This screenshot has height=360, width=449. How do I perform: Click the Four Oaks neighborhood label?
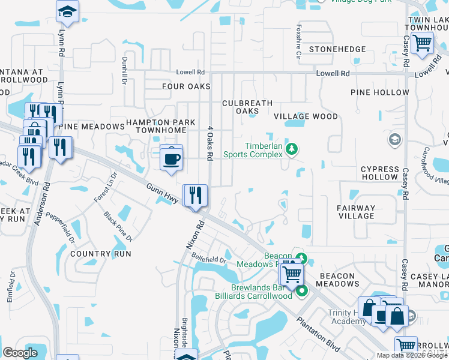coord(186,86)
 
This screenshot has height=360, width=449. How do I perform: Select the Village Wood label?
coord(306,116)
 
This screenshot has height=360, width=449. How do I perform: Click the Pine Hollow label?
coord(380,92)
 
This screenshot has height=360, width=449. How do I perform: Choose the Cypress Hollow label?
coord(379,173)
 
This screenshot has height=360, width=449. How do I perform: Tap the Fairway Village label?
coord(355,212)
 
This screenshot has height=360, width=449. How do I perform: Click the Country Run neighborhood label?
coord(100,254)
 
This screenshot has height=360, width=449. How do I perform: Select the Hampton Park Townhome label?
coord(160,126)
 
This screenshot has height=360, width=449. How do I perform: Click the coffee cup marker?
coord(172,158)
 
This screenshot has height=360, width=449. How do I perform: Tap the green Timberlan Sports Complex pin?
coord(292,148)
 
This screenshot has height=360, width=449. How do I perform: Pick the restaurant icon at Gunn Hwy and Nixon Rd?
coord(195,196)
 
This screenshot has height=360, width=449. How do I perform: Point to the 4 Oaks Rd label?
coord(210,143)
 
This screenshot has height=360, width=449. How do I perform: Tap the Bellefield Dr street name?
coord(208,260)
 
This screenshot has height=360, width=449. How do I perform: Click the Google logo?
coord(20,353)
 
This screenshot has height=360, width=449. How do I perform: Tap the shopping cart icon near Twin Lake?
coord(423,43)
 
